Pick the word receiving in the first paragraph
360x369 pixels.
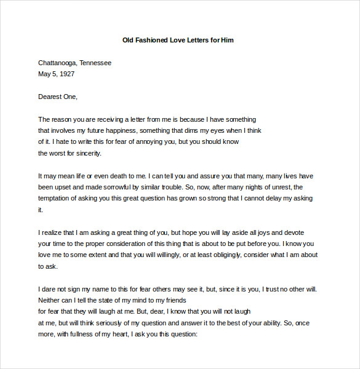107,119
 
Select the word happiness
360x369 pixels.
117,130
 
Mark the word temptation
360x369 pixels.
55,198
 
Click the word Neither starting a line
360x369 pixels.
50,300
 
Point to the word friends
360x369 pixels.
173,300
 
